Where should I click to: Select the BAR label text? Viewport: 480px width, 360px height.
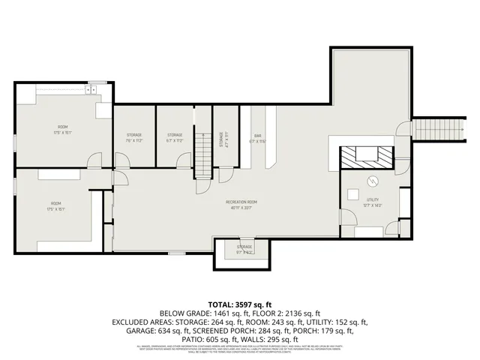[x=257, y=136]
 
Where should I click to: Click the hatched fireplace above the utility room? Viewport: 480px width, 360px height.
[x=365, y=156]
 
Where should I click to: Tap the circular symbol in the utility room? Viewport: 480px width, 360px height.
[x=373, y=181]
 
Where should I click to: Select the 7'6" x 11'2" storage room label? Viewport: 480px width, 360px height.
[x=134, y=136]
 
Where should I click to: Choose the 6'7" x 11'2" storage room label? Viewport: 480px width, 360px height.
[x=175, y=136]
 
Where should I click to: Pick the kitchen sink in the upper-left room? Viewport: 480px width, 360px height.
[x=91, y=90]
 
